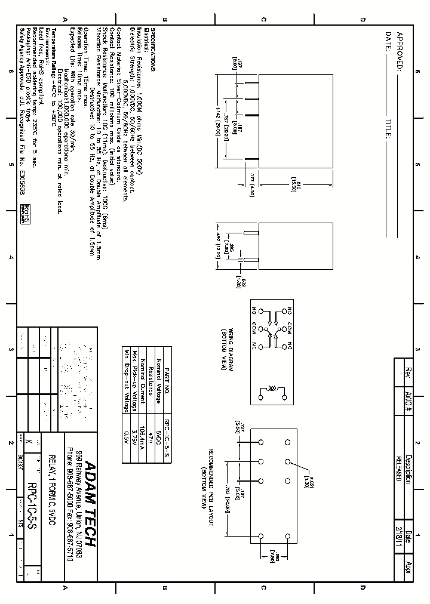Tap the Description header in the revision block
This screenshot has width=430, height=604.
[x=408, y=469]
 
